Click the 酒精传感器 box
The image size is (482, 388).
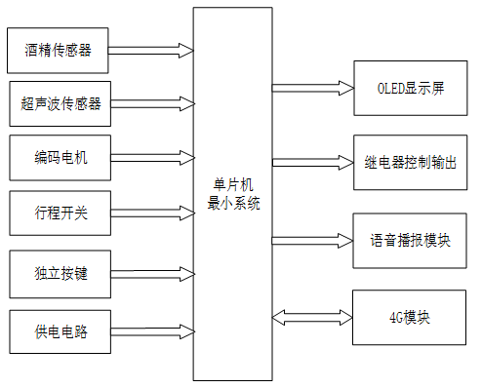60,48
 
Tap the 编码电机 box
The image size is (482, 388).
60,157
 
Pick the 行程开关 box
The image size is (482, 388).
60,213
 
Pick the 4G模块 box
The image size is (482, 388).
410,318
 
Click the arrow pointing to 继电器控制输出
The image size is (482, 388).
310,161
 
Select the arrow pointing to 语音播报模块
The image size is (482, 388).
310,238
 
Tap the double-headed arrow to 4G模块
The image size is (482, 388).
310,317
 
